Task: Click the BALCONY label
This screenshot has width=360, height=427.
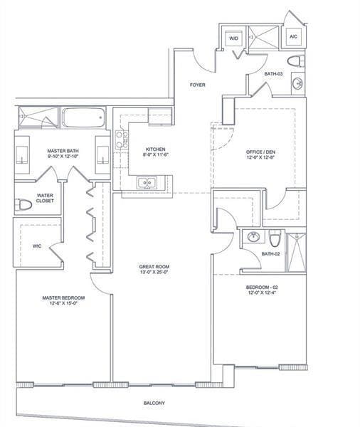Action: [154, 403]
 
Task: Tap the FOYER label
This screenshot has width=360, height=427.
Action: [197, 85]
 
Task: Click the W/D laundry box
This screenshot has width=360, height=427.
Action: [233, 38]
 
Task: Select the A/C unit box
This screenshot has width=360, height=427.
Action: [293, 36]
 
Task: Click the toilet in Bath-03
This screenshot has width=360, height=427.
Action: [296, 61]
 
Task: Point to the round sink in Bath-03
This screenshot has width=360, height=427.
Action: [298, 83]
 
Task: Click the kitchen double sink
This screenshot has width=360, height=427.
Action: [147, 182]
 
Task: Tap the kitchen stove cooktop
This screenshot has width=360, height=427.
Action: [122, 139]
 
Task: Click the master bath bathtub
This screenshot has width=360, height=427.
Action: [84, 117]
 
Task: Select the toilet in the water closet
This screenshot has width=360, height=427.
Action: [23, 204]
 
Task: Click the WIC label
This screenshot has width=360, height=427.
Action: [37, 246]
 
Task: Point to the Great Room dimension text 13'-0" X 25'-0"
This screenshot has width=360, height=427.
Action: [154, 272]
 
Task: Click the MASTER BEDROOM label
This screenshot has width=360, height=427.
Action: [63, 298]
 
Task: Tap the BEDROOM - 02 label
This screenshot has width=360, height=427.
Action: [262, 288]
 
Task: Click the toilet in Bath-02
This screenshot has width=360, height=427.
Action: [275, 238]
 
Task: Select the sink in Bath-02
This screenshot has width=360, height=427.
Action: [254, 236]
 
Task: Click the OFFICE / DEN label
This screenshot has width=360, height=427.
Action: [260, 152]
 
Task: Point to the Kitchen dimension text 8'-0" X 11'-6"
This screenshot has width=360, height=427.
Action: [156, 154]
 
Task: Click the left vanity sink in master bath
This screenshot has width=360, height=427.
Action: [22, 155]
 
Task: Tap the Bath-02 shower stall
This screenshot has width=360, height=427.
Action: [297, 252]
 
